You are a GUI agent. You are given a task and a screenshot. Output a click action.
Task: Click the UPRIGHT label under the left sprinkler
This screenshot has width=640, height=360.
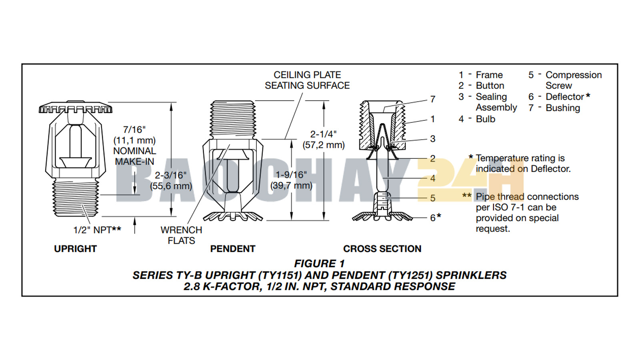pos(75,249)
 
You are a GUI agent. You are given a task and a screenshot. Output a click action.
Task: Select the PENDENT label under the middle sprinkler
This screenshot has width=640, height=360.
pos(232,249)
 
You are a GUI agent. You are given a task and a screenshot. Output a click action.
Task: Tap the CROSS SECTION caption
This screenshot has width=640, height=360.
pos(382,249)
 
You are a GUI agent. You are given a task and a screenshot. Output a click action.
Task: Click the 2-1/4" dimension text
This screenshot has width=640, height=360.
pos(323,134)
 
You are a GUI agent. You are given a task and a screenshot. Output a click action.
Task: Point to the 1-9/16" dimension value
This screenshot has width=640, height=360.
pos(291,175)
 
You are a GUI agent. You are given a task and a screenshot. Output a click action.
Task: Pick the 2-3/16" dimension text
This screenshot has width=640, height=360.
pos(171,175)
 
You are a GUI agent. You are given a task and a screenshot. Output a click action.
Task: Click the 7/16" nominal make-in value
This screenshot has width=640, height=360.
pos(134,130)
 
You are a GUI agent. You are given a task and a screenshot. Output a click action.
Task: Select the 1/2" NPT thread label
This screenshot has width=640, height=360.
pos(97,230)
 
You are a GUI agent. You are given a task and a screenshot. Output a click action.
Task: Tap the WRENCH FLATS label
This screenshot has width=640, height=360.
pos(181,235)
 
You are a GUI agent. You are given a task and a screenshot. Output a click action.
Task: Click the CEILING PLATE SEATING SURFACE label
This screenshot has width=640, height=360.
pos(307,80)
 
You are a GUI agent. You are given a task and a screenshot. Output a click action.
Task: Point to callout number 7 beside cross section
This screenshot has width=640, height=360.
pos(432,99)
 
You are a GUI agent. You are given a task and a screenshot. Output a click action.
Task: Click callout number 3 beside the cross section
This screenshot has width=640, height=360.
pos(432,139)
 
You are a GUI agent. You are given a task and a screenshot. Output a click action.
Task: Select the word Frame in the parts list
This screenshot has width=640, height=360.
pos(489,75)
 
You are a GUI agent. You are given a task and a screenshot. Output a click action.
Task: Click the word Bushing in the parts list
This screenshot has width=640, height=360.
pos(562,108)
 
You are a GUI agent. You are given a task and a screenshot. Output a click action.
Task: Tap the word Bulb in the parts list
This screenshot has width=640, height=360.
pos(485,119)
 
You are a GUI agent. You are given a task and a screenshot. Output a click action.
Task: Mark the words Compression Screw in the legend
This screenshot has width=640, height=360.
pos(573,80)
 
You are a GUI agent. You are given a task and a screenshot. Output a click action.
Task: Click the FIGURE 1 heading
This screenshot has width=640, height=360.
pos(319,264)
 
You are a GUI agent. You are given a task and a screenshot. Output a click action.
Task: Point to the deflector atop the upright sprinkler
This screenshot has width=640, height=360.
pos(76,108)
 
